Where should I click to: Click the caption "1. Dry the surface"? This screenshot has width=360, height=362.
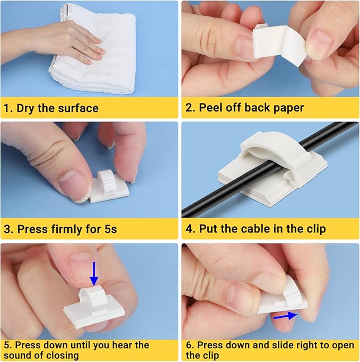(x=51, y=108)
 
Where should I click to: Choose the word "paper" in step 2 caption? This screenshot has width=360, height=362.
(x=287, y=108)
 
